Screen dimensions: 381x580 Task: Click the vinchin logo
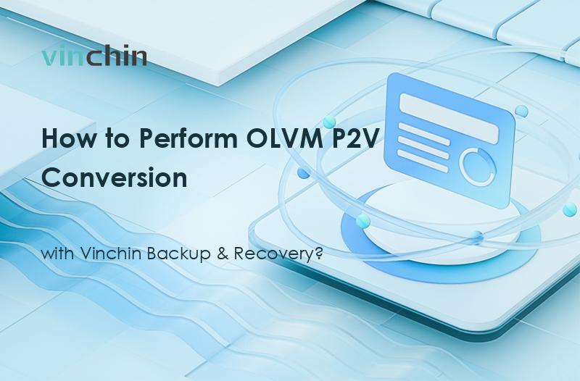click(94, 56)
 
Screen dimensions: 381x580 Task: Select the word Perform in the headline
click(165, 139)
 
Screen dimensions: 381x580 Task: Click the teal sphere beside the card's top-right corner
click(521, 111)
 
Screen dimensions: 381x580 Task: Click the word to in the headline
click(108, 139)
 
